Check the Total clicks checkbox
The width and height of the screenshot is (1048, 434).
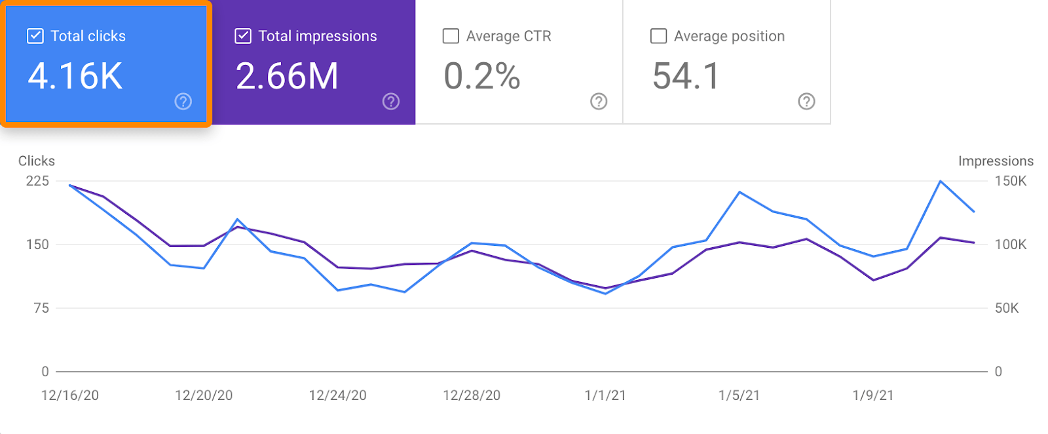click(x=35, y=36)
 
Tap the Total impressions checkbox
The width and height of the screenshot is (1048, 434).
click(x=243, y=36)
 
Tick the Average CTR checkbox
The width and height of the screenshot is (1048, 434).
click(x=451, y=36)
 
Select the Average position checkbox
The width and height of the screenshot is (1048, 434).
click(x=658, y=36)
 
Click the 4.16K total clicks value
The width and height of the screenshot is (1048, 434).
click(x=75, y=76)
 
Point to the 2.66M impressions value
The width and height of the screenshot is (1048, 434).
click(x=287, y=76)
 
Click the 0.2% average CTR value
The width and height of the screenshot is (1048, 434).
click(x=481, y=76)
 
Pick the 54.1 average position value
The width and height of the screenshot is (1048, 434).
click(x=686, y=76)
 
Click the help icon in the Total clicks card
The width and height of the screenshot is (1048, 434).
click(x=183, y=102)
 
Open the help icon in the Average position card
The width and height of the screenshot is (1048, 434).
click(x=806, y=102)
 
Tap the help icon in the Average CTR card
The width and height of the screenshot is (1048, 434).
click(x=599, y=102)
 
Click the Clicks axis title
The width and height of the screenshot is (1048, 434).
click(x=37, y=161)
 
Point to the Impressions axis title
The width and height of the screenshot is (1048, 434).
click(x=996, y=161)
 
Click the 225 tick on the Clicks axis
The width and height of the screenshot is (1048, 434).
click(x=37, y=181)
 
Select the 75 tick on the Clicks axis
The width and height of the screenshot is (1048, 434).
click(x=41, y=308)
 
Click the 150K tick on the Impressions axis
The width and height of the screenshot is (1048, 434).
click(x=1011, y=181)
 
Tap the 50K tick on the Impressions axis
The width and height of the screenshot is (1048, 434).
click(x=1007, y=308)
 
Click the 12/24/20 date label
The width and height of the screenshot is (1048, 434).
click(x=337, y=395)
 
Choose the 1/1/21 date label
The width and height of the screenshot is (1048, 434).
click(x=605, y=395)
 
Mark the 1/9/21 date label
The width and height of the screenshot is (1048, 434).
click(x=873, y=395)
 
